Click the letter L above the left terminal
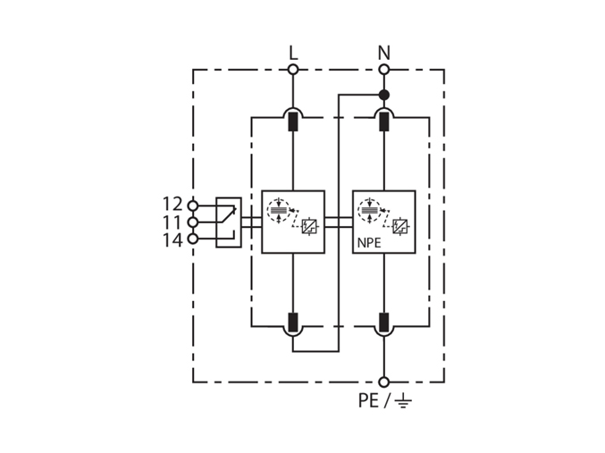(293, 53)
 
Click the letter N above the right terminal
(384, 53)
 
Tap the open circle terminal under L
(293, 70)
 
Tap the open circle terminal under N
(384, 70)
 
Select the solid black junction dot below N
(384, 95)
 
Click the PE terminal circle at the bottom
(384, 382)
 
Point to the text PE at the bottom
(368, 400)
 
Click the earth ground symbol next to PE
(403, 401)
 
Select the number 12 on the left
(172, 204)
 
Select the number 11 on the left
(172, 222)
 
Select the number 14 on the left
(172, 240)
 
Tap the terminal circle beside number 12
(192, 206)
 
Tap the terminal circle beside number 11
(192, 222)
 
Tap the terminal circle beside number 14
(192, 239)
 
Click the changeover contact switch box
(229, 222)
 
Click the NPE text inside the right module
(369, 243)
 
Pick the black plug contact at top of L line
(293, 122)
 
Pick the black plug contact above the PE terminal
(384, 323)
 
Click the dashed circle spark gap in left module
(278, 210)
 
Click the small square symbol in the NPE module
(399, 227)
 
